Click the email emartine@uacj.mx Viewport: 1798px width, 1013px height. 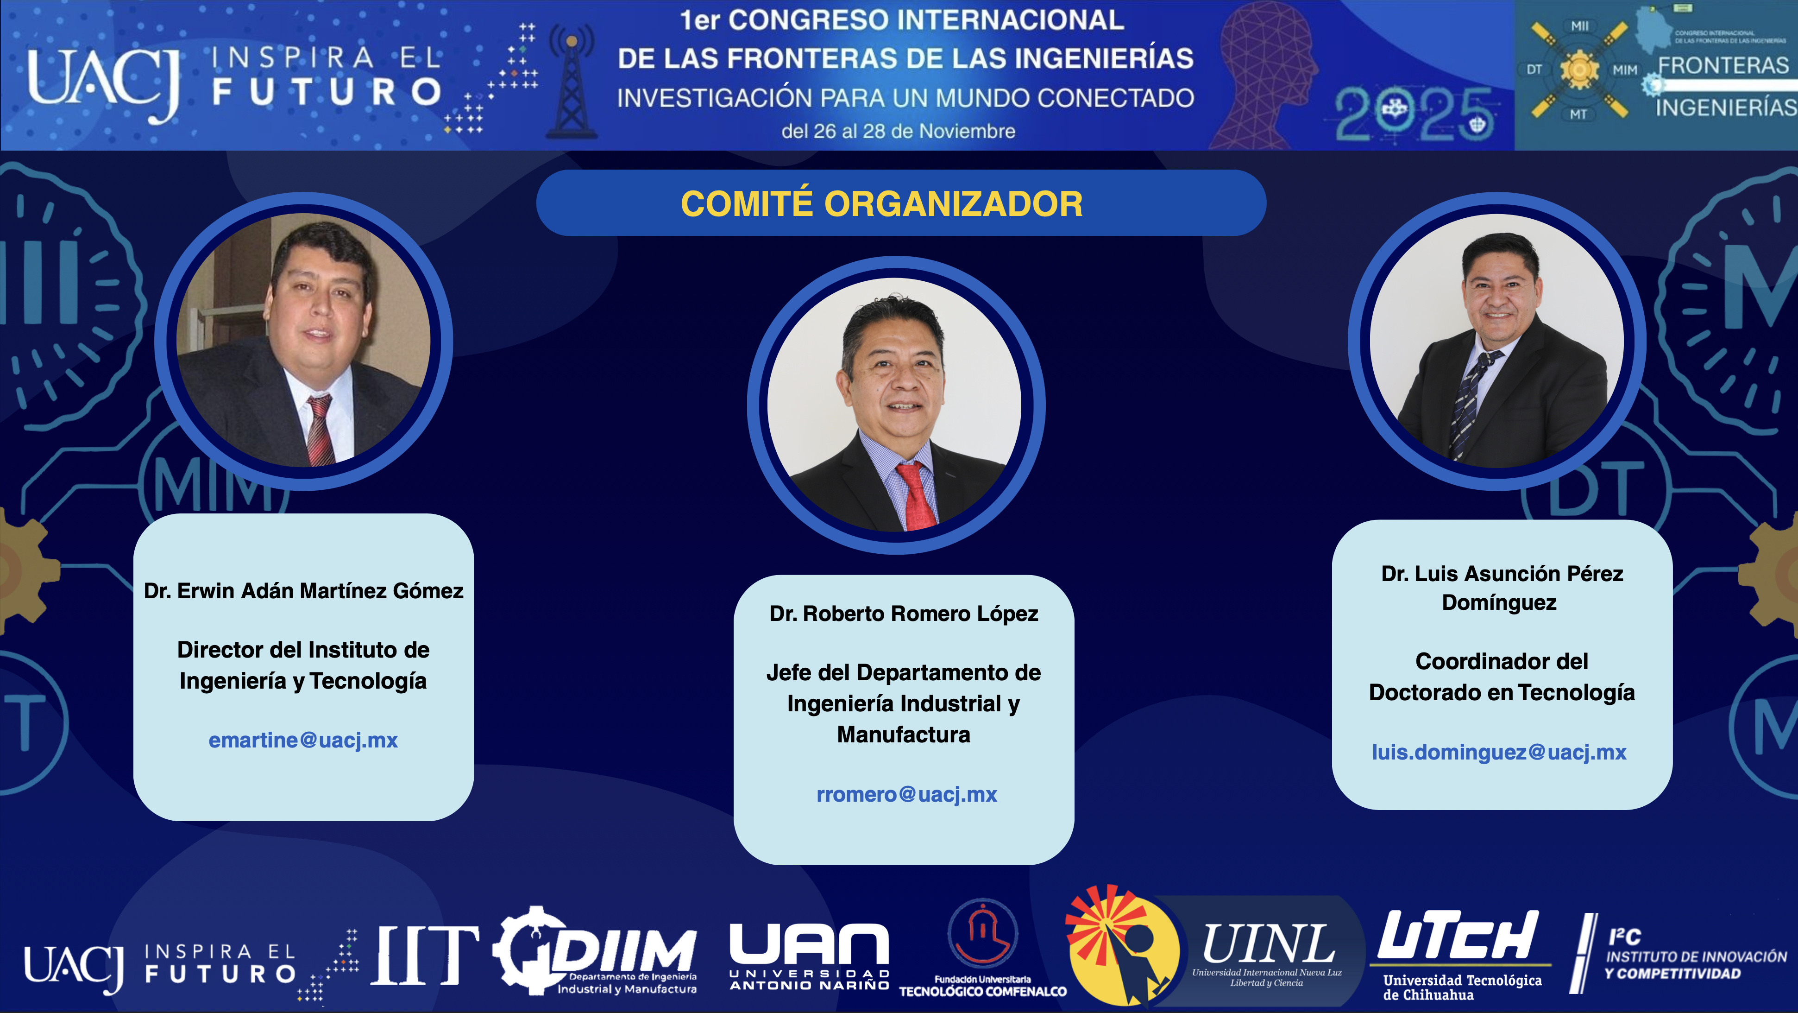[x=303, y=740]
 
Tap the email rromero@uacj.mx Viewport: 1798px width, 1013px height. [x=907, y=794]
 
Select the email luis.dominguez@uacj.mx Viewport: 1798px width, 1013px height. [x=1499, y=752]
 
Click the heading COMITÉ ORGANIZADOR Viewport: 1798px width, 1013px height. [x=881, y=204]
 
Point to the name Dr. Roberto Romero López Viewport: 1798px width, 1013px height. [x=904, y=614]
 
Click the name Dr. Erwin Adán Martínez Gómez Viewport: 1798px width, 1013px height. [x=304, y=591]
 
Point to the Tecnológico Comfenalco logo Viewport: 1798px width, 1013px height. [x=983, y=948]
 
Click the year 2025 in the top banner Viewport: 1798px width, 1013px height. [x=1414, y=114]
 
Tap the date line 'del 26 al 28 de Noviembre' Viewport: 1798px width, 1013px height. [x=898, y=131]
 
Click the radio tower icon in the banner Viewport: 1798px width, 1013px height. [x=572, y=81]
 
